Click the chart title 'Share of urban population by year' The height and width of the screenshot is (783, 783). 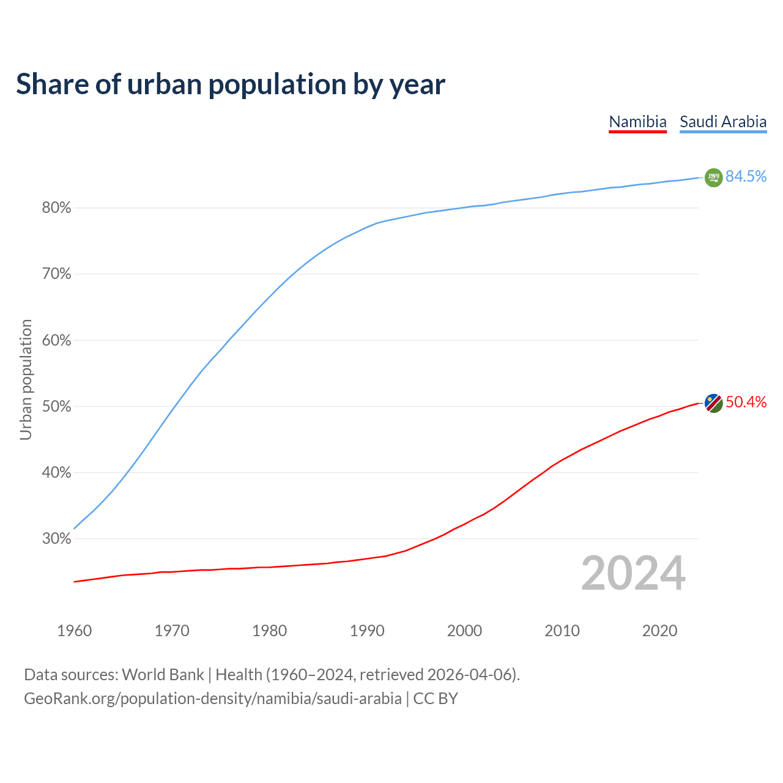click(x=231, y=84)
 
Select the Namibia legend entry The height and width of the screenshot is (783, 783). click(x=637, y=122)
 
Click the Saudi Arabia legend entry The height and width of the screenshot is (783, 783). click(x=723, y=122)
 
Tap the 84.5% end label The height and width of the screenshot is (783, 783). click(x=746, y=177)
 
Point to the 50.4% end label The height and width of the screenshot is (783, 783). click(x=746, y=403)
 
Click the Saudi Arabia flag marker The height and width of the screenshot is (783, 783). click(x=713, y=177)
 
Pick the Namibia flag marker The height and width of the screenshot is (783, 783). click(x=713, y=403)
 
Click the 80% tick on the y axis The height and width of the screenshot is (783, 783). click(x=56, y=208)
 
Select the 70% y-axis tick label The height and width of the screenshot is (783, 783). click(x=56, y=274)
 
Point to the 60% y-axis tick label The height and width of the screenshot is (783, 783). click(x=56, y=341)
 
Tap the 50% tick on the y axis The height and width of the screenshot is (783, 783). click(x=56, y=407)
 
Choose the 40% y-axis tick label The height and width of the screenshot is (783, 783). click(x=56, y=473)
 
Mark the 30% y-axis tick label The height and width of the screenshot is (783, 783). click(x=56, y=539)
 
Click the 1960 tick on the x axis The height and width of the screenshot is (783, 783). click(x=75, y=631)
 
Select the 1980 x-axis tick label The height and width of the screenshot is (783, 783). click(x=270, y=631)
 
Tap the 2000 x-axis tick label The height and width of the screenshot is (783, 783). click(x=465, y=631)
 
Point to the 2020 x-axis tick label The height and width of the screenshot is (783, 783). click(x=659, y=631)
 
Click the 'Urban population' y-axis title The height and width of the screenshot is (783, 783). click(x=26, y=379)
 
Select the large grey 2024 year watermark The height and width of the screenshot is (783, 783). click(x=633, y=573)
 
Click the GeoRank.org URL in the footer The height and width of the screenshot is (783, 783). click(x=213, y=699)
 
